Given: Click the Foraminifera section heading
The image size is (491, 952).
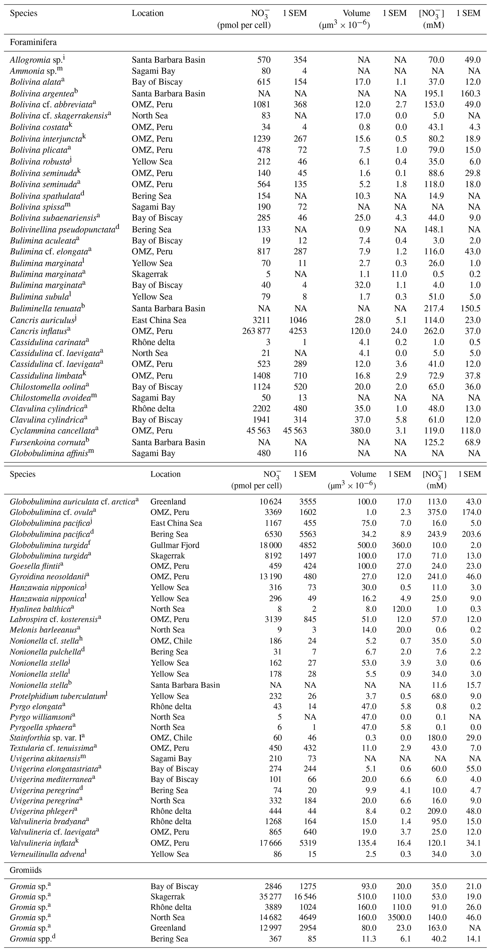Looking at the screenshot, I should click(x=33, y=42).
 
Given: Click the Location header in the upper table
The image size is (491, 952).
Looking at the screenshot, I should click(x=148, y=14).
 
